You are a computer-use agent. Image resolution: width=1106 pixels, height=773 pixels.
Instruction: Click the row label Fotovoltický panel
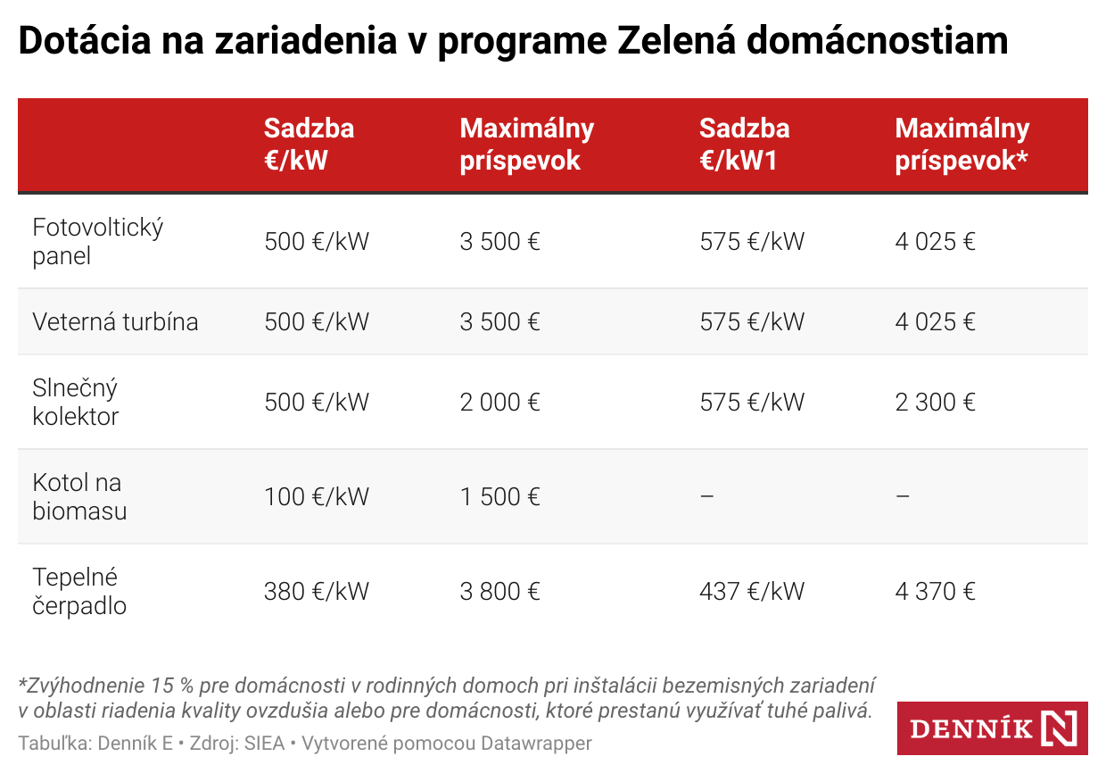97,241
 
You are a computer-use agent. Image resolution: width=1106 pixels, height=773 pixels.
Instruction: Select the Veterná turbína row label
115,321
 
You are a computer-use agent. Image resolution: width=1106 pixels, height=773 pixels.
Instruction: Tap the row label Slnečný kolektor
76,402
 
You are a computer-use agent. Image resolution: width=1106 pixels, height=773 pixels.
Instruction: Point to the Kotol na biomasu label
79,496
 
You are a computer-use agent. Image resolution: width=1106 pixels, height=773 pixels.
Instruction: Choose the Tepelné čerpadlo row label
79,591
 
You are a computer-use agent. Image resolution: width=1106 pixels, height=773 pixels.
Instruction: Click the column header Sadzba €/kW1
745,144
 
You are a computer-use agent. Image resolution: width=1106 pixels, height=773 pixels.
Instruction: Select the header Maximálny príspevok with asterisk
962,144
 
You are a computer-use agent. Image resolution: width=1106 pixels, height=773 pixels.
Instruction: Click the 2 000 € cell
499,402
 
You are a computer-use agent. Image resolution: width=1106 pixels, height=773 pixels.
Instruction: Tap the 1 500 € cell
499,496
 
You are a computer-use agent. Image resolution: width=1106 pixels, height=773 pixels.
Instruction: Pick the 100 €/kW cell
316,496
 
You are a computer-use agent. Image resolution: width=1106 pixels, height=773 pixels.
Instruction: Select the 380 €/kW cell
316,591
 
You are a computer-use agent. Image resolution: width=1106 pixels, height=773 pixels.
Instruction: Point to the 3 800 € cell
499,591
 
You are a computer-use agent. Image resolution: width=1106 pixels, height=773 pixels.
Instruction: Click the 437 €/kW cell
752,591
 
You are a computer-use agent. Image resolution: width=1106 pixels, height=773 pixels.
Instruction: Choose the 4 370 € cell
935,591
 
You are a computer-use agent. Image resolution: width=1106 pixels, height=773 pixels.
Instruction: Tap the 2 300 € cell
935,402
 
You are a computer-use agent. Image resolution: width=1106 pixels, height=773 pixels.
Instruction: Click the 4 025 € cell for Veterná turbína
935,321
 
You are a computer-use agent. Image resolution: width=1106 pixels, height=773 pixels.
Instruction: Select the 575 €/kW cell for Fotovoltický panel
752,241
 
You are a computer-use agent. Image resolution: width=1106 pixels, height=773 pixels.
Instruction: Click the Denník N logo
993,728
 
